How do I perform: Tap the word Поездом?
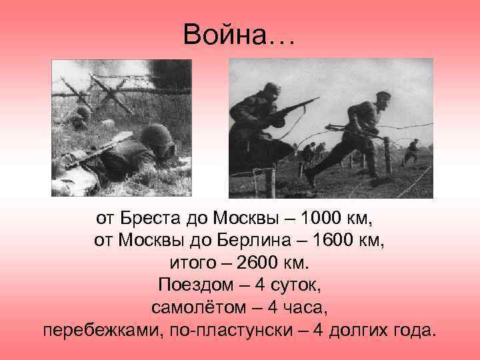click(x=190, y=285)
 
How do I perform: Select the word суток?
click(x=299, y=285)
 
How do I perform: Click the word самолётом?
click(x=193, y=308)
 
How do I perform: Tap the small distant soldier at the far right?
click(x=414, y=146)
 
